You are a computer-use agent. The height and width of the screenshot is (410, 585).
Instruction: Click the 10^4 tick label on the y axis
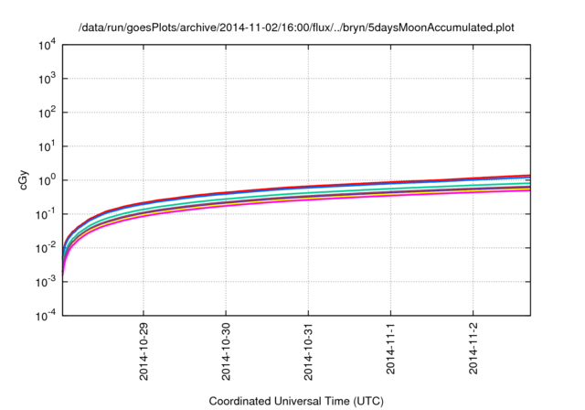pyautogui.click(x=47, y=44)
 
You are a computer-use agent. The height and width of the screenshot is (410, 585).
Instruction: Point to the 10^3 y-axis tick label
pyautogui.click(x=47, y=78)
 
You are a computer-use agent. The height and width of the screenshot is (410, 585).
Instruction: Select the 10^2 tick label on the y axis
pyautogui.click(x=47, y=112)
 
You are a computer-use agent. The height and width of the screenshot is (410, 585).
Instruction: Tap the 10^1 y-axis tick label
pyautogui.click(x=47, y=146)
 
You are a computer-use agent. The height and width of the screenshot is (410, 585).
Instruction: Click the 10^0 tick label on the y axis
pyautogui.click(x=47, y=179)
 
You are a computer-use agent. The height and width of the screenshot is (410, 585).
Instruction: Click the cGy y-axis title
pyautogui.click(x=24, y=180)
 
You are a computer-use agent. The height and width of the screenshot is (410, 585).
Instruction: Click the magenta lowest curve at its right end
pyautogui.click(x=528, y=189)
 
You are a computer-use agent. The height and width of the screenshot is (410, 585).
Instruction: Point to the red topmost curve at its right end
pyautogui.click(x=528, y=175)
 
